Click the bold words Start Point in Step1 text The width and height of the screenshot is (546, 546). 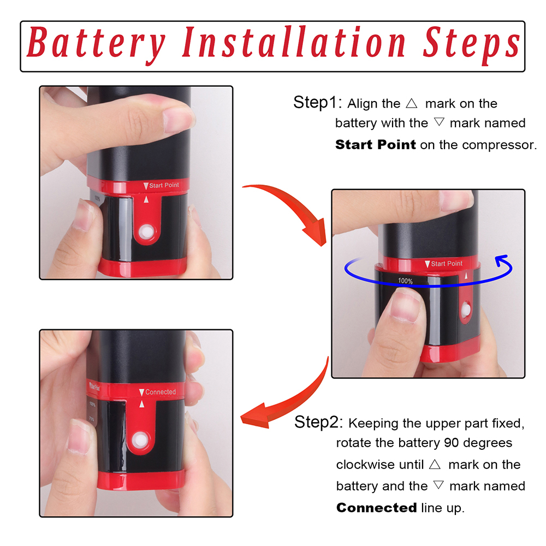click(x=376, y=145)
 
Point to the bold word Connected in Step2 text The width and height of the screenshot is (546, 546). click(x=376, y=508)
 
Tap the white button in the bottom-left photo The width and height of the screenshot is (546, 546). click(x=140, y=440)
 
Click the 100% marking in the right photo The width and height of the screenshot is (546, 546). click(x=405, y=281)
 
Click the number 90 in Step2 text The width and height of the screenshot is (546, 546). click(x=452, y=443)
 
